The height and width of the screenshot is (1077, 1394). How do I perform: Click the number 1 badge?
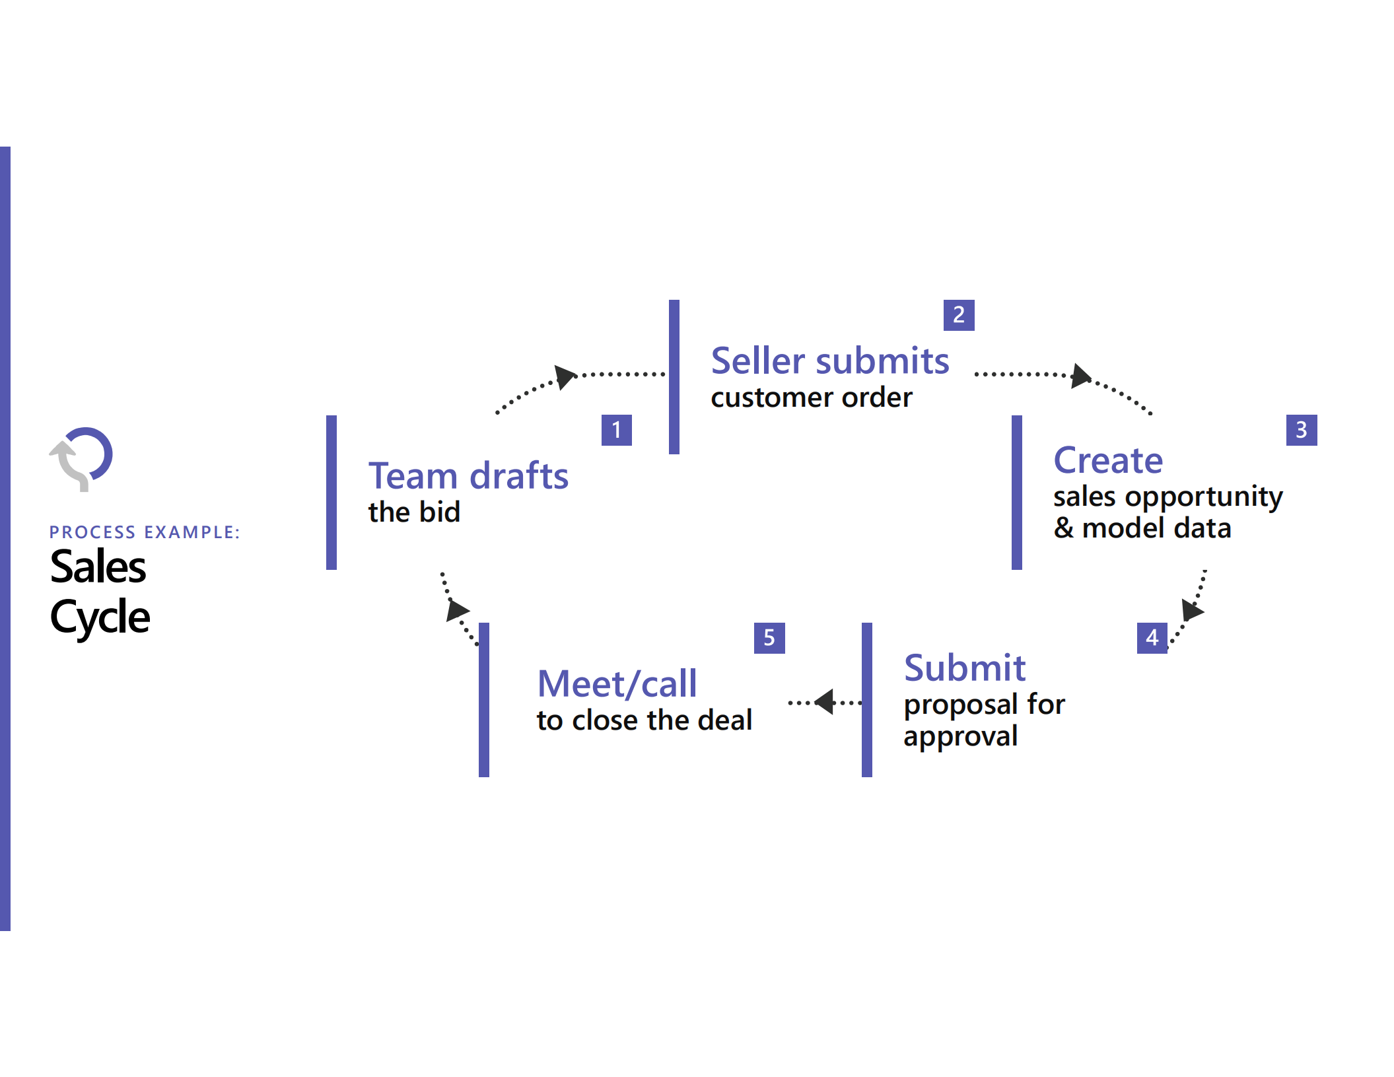(x=616, y=430)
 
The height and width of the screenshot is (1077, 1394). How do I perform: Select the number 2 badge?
(x=958, y=315)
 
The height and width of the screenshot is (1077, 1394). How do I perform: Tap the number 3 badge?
(x=1301, y=430)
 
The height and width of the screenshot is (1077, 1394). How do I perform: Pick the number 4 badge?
(x=1152, y=638)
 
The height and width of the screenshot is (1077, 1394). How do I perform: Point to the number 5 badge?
(x=769, y=638)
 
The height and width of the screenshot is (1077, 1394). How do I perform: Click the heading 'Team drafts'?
(x=468, y=475)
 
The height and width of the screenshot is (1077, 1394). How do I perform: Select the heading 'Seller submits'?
(x=829, y=361)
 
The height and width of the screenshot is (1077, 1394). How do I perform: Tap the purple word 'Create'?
(x=1107, y=460)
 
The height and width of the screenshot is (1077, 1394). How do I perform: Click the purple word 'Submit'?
(x=964, y=668)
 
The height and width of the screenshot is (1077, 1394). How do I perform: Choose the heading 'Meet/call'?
(x=617, y=683)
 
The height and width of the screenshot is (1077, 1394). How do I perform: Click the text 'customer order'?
(x=811, y=398)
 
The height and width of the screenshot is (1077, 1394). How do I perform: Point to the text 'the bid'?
(x=414, y=512)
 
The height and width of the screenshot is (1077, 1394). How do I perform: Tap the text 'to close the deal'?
(x=644, y=720)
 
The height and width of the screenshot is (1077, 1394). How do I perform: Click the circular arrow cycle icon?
(x=82, y=458)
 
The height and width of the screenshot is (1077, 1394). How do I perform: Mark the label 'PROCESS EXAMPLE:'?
(x=145, y=532)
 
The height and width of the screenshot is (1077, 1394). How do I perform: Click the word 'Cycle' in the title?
(x=100, y=617)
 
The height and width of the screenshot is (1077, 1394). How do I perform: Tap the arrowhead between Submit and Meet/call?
(x=825, y=702)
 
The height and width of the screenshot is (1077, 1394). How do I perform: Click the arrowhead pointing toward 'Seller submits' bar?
(x=565, y=376)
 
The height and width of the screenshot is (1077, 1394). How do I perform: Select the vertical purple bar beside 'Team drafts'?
(x=331, y=493)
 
